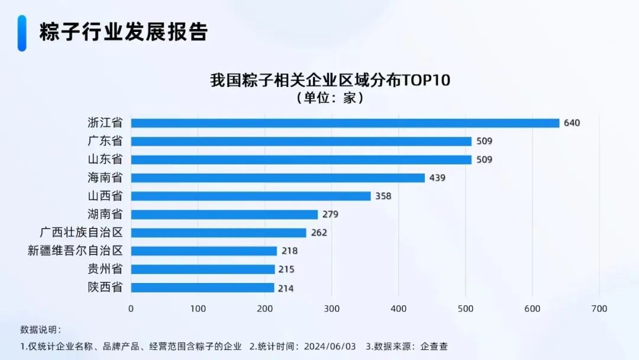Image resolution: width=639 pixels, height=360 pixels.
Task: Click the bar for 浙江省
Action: click(x=345, y=123)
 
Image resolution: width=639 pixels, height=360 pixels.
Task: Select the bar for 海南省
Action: click(x=277, y=178)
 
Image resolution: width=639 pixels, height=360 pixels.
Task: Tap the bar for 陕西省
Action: click(x=202, y=288)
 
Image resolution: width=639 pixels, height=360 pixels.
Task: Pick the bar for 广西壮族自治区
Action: click(x=218, y=233)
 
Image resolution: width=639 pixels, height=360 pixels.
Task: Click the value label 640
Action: click(x=572, y=123)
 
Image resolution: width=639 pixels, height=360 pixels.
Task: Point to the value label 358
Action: click(x=383, y=196)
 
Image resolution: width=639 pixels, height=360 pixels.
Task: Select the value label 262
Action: click(x=319, y=233)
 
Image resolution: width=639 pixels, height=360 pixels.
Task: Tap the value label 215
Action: click(x=286, y=269)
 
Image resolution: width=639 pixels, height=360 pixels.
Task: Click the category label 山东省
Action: click(x=105, y=159)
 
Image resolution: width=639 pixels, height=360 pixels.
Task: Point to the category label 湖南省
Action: click(x=105, y=214)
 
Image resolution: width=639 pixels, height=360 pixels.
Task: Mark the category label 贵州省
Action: click(x=105, y=269)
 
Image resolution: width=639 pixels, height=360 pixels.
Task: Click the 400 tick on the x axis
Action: click(x=399, y=308)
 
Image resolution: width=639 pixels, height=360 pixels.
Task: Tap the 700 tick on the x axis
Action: click(x=599, y=308)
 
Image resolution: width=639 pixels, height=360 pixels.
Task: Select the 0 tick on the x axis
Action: click(x=131, y=308)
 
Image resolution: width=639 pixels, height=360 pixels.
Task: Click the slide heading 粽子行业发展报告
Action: click(x=124, y=33)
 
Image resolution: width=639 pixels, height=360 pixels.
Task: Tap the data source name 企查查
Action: click(x=438, y=346)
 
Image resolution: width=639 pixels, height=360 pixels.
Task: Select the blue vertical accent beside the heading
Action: click(x=22, y=33)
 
